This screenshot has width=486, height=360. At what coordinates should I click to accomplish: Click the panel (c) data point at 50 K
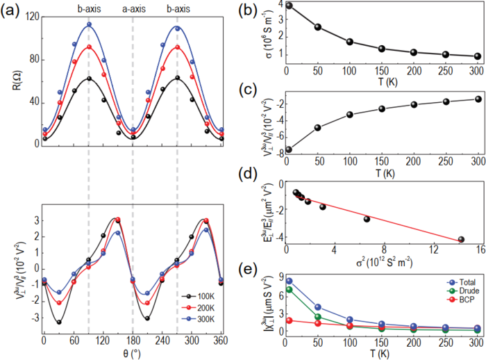317,127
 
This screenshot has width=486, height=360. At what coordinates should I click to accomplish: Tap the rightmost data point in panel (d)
461,240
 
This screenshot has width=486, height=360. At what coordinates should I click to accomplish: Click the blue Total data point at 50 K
317,306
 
